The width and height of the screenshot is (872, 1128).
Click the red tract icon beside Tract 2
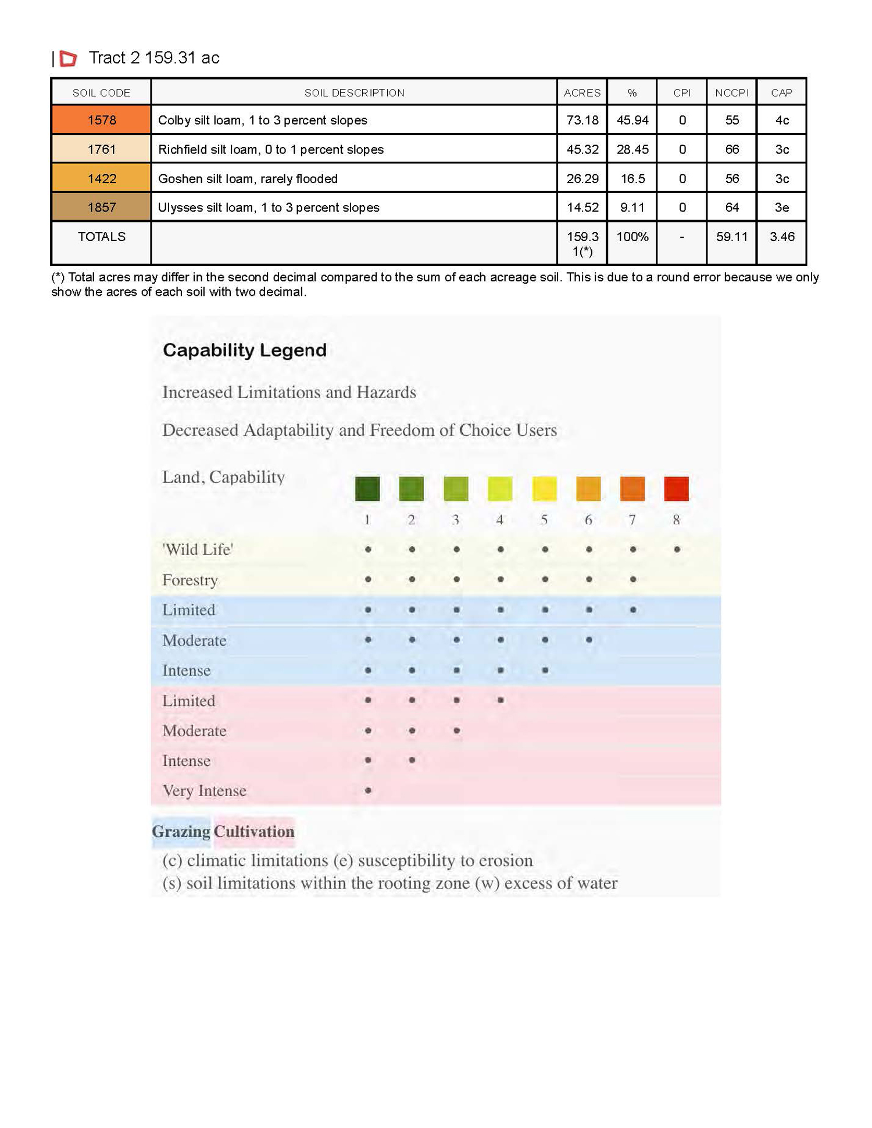point(68,58)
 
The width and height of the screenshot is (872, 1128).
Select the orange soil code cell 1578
point(101,120)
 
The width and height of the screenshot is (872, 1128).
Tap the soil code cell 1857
point(101,207)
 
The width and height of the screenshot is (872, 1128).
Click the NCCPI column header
point(731,93)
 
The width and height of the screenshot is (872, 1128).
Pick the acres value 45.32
point(582,149)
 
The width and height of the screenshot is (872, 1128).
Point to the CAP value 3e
point(781,207)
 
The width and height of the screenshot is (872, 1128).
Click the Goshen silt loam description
point(248,178)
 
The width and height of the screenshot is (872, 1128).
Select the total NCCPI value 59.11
point(731,237)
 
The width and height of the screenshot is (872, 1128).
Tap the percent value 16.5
point(632,178)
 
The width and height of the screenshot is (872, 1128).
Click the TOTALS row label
point(101,237)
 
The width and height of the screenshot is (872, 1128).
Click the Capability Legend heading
point(244,350)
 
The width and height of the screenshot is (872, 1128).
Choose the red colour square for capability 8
point(676,489)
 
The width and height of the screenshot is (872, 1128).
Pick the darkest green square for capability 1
point(367,489)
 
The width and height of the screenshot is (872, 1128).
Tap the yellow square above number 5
point(544,489)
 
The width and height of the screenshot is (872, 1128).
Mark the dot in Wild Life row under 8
point(677,549)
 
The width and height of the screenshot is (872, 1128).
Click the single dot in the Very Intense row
point(368,790)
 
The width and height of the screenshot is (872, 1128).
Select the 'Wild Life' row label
point(198,550)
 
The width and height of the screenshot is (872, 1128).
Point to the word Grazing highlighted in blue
point(181,832)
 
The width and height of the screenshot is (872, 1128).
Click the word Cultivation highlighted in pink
point(254,832)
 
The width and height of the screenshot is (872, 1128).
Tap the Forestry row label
point(190,580)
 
